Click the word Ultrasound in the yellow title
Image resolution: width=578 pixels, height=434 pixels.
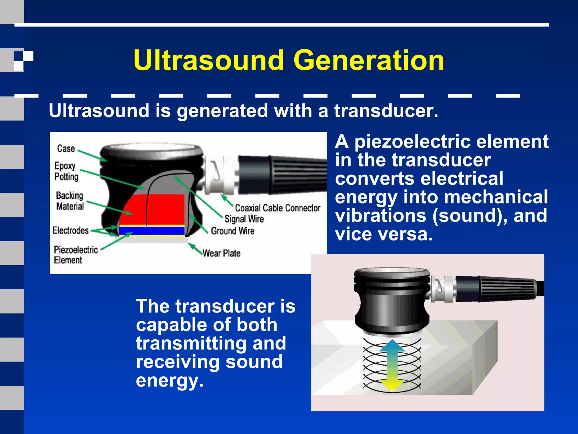tap(209, 60)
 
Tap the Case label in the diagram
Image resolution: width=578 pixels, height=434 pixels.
tap(66, 148)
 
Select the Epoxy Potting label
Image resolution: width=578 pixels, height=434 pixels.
tap(66, 171)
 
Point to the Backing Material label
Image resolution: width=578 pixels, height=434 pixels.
tap(70, 201)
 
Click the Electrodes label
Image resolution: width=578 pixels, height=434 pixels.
tap(71, 230)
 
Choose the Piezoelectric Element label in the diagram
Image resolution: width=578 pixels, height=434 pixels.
tap(76, 255)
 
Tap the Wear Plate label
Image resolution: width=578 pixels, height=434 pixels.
tap(222, 253)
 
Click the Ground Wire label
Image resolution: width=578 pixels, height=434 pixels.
tap(233, 231)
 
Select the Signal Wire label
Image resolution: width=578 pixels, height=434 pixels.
tap(244, 219)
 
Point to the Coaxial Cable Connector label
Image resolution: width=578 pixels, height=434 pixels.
tap(278, 208)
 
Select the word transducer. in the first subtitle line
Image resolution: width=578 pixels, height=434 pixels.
tap(386, 110)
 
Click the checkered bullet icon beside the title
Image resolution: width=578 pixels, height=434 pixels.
tap(24, 60)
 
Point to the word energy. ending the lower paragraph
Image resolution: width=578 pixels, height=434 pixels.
tap(169, 380)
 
